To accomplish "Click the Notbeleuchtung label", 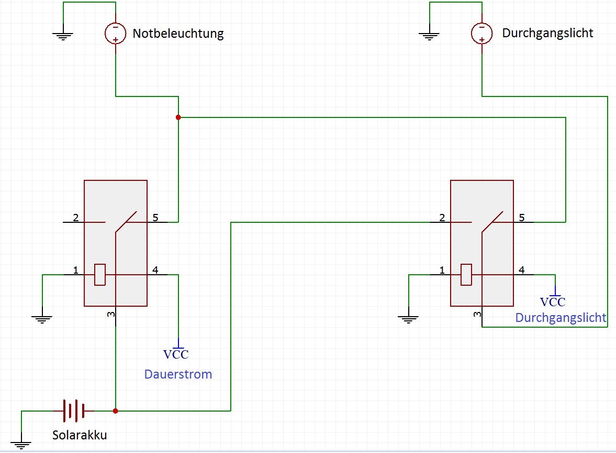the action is tap(178, 34).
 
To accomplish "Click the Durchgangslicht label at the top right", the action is tap(547, 33).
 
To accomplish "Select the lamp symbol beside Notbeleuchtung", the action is tap(116, 33).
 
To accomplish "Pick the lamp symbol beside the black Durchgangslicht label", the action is tap(481, 33).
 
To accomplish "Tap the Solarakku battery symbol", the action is tap(74, 411).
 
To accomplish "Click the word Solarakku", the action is tap(80, 435).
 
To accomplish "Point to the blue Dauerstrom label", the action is tap(178, 374).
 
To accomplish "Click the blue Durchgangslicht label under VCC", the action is tap(561, 318).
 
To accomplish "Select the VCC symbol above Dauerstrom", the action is tap(176, 350).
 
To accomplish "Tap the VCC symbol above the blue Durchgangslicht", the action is tap(553, 298).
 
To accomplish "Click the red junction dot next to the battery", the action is tap(116, 411).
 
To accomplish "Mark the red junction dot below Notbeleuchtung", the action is tap(178, 117).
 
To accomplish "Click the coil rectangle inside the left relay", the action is tap(100, 274).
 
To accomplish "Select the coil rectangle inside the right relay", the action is tap(466, 274).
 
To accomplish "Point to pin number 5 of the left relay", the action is tap(155, 217).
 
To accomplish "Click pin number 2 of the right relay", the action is tap(442, 217).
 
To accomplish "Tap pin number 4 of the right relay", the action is tap(522, 270).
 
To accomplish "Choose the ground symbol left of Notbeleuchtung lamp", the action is tap(63, 36).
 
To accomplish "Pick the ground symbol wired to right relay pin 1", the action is tap(408, 319).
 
